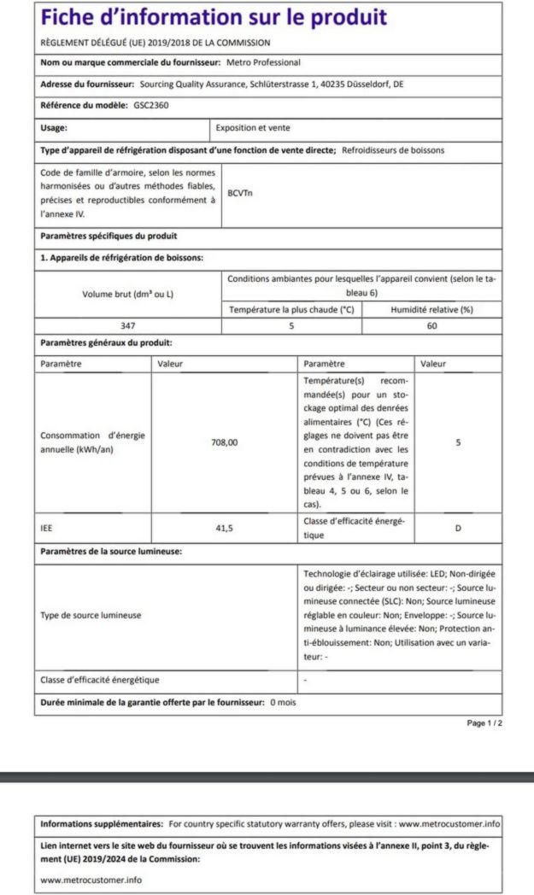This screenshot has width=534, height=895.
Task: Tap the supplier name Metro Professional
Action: point(263,62)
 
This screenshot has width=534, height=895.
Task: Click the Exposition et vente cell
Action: point(253,128)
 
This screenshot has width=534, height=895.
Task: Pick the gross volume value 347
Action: point(128,325)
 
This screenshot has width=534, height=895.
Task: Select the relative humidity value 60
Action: point(431,325)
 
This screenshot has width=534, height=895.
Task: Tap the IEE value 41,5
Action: point(225,528)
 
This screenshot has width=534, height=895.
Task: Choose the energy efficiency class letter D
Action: point(458,528)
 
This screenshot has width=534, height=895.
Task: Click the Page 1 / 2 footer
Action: point(484,723)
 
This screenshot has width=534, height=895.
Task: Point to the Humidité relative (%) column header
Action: point(431,309)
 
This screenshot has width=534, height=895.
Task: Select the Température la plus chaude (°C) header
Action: point(291,309)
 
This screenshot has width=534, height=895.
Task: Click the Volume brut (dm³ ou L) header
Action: point(128,294)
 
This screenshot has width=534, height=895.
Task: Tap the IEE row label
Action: point(47,528)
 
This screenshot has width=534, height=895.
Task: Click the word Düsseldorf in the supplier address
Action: point(371,84)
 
